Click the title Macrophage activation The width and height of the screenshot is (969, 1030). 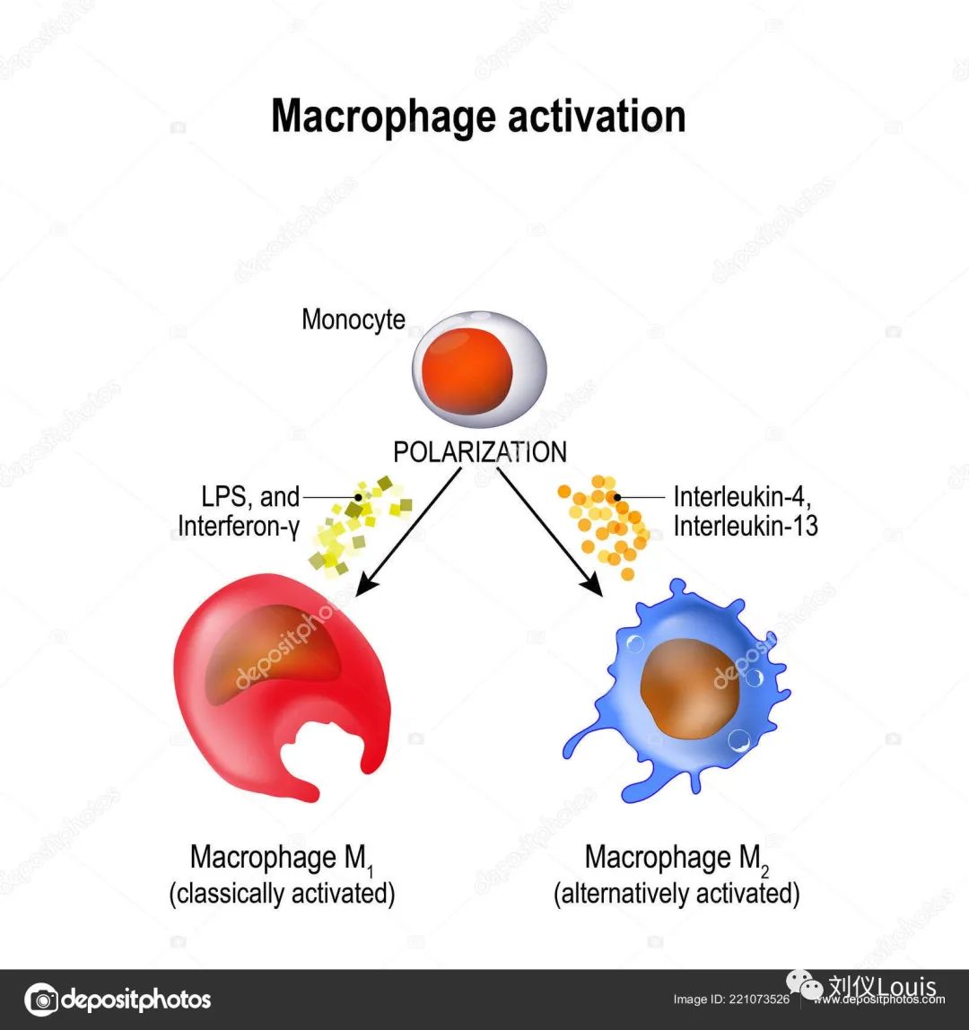click(x=478, y=117)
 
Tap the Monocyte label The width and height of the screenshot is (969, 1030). click(x=354, y=319)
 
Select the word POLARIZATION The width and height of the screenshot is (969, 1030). click(x=480, y=452)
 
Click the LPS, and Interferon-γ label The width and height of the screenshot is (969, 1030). click(x=239, y=511)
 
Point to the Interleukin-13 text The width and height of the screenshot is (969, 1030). click(x=746, y=526)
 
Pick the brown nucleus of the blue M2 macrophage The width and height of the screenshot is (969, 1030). click(x=686, y=696)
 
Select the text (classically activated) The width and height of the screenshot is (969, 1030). click(x=282, y=895)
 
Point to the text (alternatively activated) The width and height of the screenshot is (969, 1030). click(x=677, y=895)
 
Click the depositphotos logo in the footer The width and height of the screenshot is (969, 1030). click(x=118, y=999)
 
